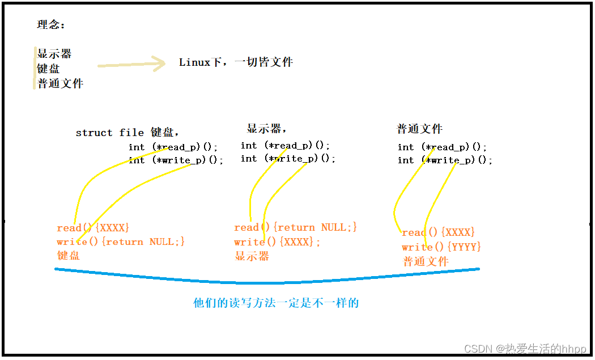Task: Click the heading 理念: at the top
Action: (51, 25)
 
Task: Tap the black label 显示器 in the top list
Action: (54, 54)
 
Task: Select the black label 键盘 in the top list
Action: (48, 69)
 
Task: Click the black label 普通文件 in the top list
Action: (60, 83)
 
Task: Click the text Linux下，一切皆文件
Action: (236, 62)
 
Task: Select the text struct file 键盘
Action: (127, 133)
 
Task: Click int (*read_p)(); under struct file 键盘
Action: (173, 147)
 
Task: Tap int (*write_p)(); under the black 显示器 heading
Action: (288, 159)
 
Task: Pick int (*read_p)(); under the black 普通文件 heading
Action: (442, 147)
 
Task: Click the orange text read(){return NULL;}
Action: (295, 227)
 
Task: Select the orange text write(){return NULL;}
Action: (121, 242)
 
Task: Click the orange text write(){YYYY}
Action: (441, 247)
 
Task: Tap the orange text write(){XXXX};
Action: (277, 242)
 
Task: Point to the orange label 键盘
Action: (69, 255)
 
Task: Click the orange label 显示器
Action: (252, 256)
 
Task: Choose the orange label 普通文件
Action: (426, 261)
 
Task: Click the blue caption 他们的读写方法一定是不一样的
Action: (276, 303)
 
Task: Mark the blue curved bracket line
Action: (266, 281)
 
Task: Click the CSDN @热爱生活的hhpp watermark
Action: (525, 349)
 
